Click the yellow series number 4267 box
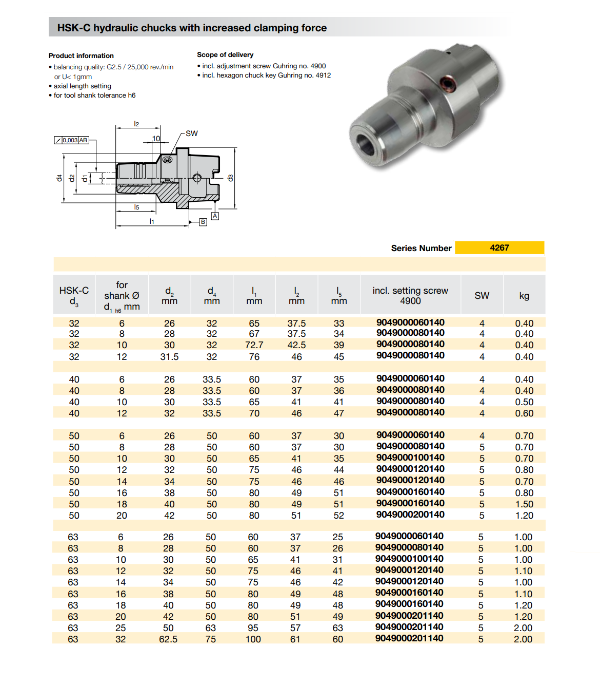[499, 248]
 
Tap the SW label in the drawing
[191, 134]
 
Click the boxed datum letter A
[215, 216]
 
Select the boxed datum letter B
[203, 222]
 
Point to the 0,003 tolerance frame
[72, 140]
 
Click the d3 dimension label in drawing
[231, 178]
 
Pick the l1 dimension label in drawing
[152, 221]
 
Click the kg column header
[524, 295]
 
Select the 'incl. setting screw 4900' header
[410, 295]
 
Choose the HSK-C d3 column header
[74, 295]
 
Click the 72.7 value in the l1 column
[254, 345]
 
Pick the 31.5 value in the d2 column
[169, 357]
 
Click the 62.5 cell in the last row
[168, 639]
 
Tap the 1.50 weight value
[524, 504]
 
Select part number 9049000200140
[410, 515]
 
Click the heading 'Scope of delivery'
[225, 54]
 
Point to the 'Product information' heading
[81, 55]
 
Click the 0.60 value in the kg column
[524, 413]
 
